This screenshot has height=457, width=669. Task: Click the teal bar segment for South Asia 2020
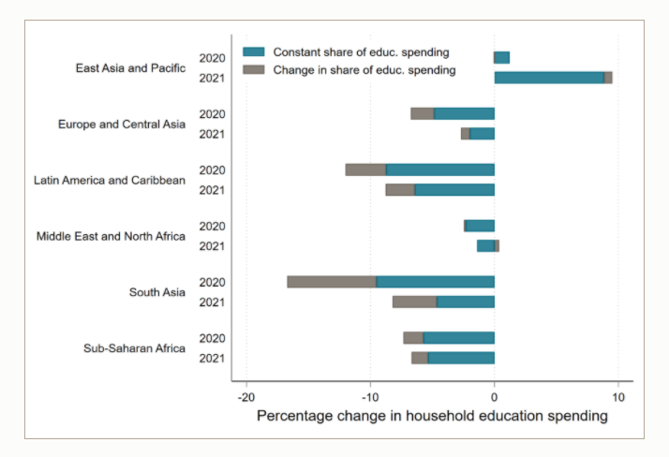tap(436, 282)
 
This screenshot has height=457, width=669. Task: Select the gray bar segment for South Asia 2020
tap(332, 282)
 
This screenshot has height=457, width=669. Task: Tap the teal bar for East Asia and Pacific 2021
tap(549, 78)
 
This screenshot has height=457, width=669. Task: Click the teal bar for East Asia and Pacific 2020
tap(502, 58)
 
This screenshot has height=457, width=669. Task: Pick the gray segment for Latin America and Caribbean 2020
tap(365, 170)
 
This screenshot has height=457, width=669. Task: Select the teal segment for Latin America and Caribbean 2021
tap(454, 190)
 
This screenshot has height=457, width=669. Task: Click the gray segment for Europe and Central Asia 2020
tap(423, 113)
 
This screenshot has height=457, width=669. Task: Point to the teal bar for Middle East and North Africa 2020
tap(481, 226)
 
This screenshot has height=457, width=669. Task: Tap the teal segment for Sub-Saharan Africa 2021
tap(461, 358)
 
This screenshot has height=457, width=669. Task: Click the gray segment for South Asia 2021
tap(414, 302)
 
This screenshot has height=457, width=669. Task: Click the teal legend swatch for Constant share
tap(255, 52)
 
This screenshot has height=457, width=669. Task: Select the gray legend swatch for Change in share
tap(255, 70)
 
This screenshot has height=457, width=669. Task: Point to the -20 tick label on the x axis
tap(246, 395)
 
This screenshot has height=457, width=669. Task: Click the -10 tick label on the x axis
tap(371, 395)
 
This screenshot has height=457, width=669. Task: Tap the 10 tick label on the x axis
tap(617, 395)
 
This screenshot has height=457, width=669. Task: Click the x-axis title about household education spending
tap(432, 416)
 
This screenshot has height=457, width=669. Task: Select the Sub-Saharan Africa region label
tap(136, 348)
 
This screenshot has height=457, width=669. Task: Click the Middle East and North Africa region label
tap(111, 236)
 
